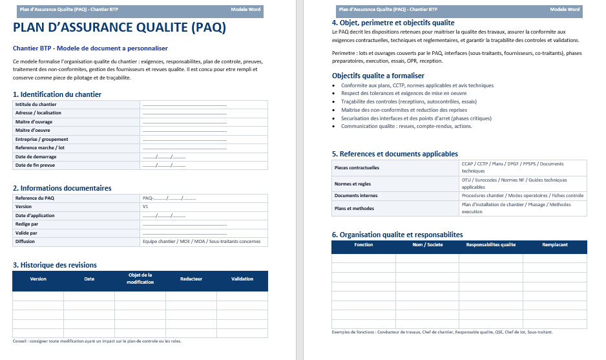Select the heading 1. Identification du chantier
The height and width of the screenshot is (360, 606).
coord(57,94)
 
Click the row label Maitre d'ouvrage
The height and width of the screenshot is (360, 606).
coord(34,122)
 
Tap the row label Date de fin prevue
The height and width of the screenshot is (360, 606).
coord(35,165)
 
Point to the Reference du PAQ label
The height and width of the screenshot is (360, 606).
coord(35,198)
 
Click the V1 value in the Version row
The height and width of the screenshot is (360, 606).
coord(145,207)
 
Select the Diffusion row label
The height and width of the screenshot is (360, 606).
coord(25,242)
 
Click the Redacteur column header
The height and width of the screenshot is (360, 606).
coord(191,279)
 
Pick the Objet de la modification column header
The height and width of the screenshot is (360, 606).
coord(140,279)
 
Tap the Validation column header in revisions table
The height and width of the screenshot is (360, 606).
coord(242,279)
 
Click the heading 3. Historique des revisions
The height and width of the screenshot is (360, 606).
coord(55,265)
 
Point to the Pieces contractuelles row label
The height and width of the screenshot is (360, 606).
coord(357,167)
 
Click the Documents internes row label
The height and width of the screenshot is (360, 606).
coord(356,195)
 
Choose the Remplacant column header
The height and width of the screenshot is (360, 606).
coord(555,245)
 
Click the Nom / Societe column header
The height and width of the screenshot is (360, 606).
coord(427,245)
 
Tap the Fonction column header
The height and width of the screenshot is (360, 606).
coord(364,245)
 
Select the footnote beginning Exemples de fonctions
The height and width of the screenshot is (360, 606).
coord(442,332)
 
